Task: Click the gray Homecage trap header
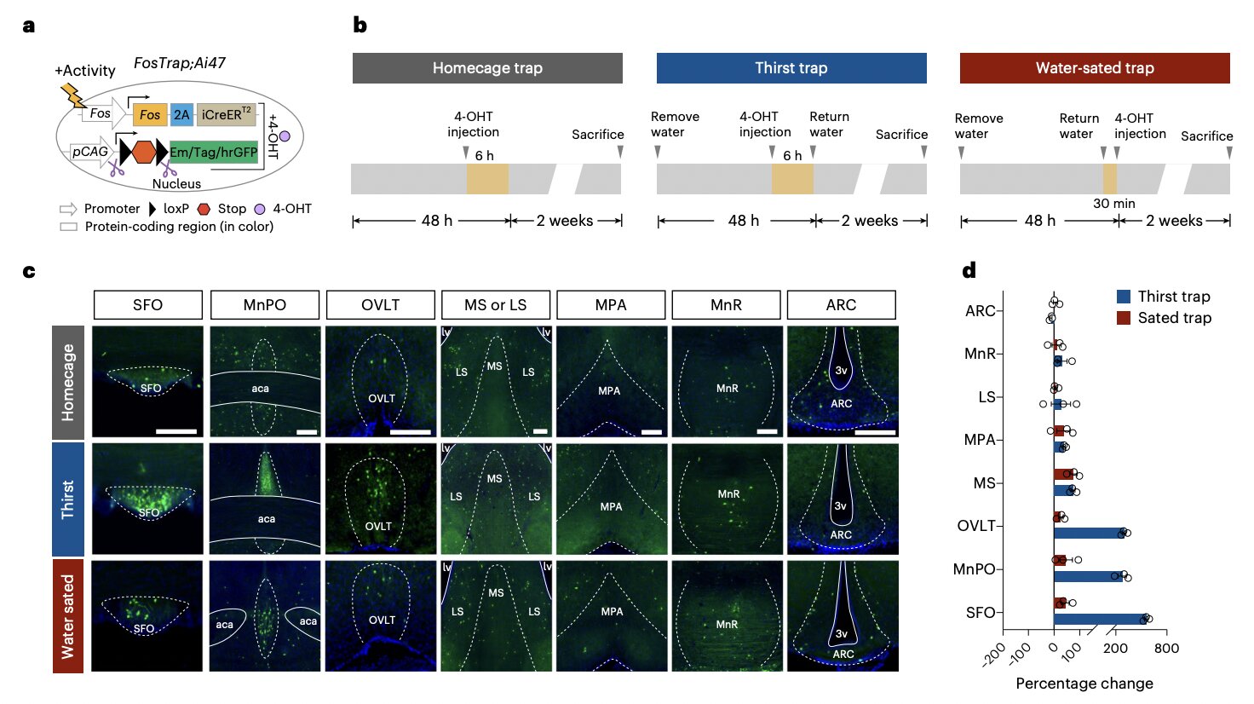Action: pyautogui.click(x=487, y=68)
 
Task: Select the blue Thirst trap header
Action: pyautogui.click(x=791, y=68)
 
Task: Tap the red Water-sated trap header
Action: pyautogui.click(x=1095, y=68)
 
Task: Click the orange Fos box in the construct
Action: pyautogui.click(x=150, y=114)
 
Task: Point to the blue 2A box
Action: pyautogui.click(x=181, y=114)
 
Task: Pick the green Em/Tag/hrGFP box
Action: pyautogui.click(x=213, y=152)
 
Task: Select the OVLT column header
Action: pyautogui.click(x=380, y=305)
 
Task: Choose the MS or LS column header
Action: pyautogui.click(x=495, y=305)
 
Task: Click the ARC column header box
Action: pyautogui.click(x=841, y=305)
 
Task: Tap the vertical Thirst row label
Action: pyautogui.click(x=68, y=499)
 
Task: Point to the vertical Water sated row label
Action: pyautogui.click(x=68, y=615)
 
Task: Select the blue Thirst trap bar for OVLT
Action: pyautogui.click(x=1089, y=533)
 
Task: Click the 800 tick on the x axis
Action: pyautogui.click(x=1166, y=649)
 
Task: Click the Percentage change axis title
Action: pyautogui.click(x=1084, y=684)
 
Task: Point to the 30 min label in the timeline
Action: pyautogui.click(x=1113, y=204)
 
